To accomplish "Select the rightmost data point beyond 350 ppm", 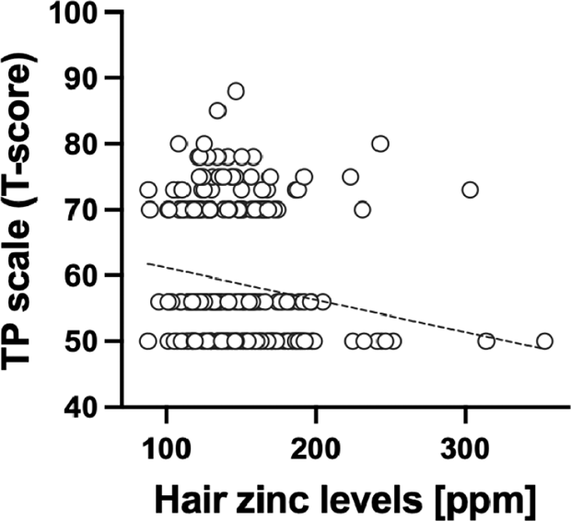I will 544,341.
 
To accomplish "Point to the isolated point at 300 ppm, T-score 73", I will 470,190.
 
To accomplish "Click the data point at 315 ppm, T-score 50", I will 486,341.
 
